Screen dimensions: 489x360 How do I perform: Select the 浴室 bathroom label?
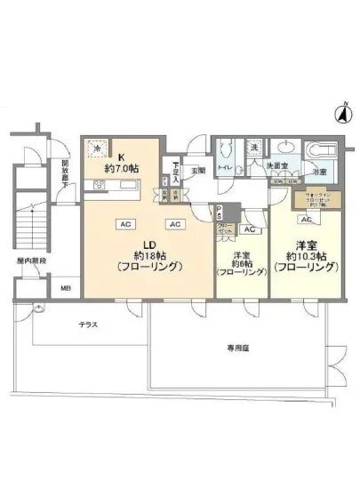click(318, 171)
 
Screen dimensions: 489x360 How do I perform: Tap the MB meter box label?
click(65, 288)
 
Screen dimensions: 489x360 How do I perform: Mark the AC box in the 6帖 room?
click(248, 228)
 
